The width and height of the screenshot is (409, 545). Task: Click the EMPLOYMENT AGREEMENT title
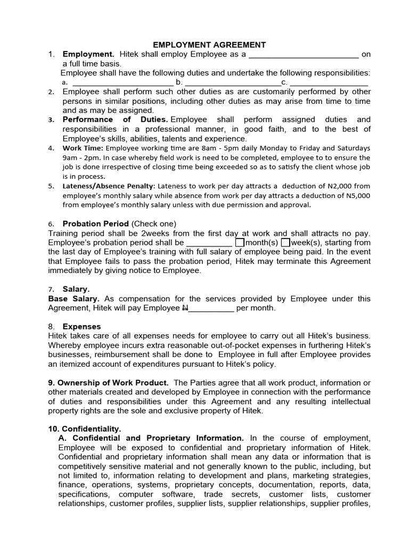(202, 45)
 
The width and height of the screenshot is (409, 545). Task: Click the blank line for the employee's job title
(304, 55)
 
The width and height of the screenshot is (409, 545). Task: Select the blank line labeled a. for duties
(122, 82)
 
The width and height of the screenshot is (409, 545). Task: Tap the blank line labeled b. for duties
(233, 82)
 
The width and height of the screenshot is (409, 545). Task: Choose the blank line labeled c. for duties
(329, 82)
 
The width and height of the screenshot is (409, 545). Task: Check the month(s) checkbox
(240, 243)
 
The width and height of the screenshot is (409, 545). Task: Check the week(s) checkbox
(285, 243)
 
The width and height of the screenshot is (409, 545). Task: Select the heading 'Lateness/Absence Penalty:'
(109, 186)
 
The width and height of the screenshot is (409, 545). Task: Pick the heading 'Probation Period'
(96, 224)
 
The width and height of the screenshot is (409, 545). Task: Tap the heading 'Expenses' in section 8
(81, 326)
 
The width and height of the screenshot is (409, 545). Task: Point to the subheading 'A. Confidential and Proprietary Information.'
(151, 438)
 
